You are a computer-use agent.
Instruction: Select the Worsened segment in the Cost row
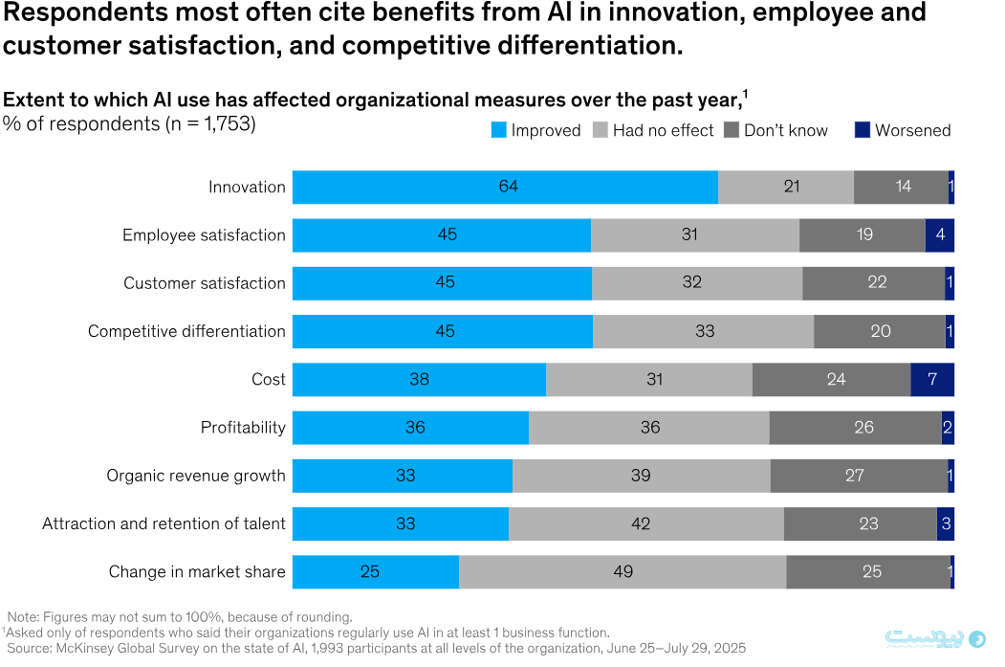pyautogui.click(x=932, y=379)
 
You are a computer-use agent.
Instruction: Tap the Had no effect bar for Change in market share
pyautogui.click(x=623, y=571)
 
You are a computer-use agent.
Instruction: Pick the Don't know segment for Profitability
pyautogui.click(x=855, y=427)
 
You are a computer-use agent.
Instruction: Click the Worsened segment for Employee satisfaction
pyautogui.click(x=940, y=234)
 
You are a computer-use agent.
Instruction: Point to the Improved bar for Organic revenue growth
pyautogui.click(x=403, y=475)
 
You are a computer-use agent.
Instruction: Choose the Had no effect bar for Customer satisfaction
pyautogui.click(x=697, y=282)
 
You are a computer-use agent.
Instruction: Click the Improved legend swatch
pyautogui.click(x=498, y=130)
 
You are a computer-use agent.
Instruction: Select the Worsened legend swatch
pyautogui.click(x=862, y=130)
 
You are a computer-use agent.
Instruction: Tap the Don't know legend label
pyautogui.click(x=786, y=130)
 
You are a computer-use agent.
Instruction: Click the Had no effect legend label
pyautogui.click(x=663, y=130)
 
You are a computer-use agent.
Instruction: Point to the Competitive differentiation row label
pyautogui.click(x=186, y=331)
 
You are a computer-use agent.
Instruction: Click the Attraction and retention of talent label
pyautogui.click(x=164, y=523)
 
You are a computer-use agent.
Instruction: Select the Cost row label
pyautogui.click(x=268, y=379)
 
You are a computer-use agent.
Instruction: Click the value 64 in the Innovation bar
pyautogui.click(x=508, y=187)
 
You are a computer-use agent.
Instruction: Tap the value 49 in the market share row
pyautogui.click(x=623, y=571)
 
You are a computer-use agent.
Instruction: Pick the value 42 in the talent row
pyautogui.click(x=640, y=523)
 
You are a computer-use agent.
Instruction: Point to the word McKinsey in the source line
pyautogui.click(x=85, y=648)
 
